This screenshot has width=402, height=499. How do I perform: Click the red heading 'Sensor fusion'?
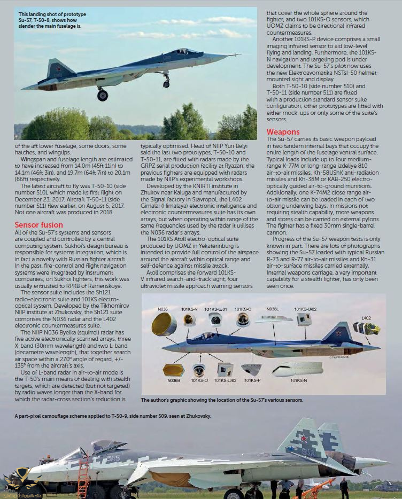[38, 225]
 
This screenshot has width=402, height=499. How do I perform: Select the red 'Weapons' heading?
[283, 131]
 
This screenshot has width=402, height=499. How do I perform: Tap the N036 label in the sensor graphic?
[163, 309]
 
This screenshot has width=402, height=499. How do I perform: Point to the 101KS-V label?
[189, 309]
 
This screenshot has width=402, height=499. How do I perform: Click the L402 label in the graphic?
[366, 317]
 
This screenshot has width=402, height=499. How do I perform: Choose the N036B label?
[173, 380]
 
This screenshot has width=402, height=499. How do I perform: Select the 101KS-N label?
[298, 380]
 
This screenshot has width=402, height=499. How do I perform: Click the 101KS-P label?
[252, 380]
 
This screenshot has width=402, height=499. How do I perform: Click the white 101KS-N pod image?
[296, 369]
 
